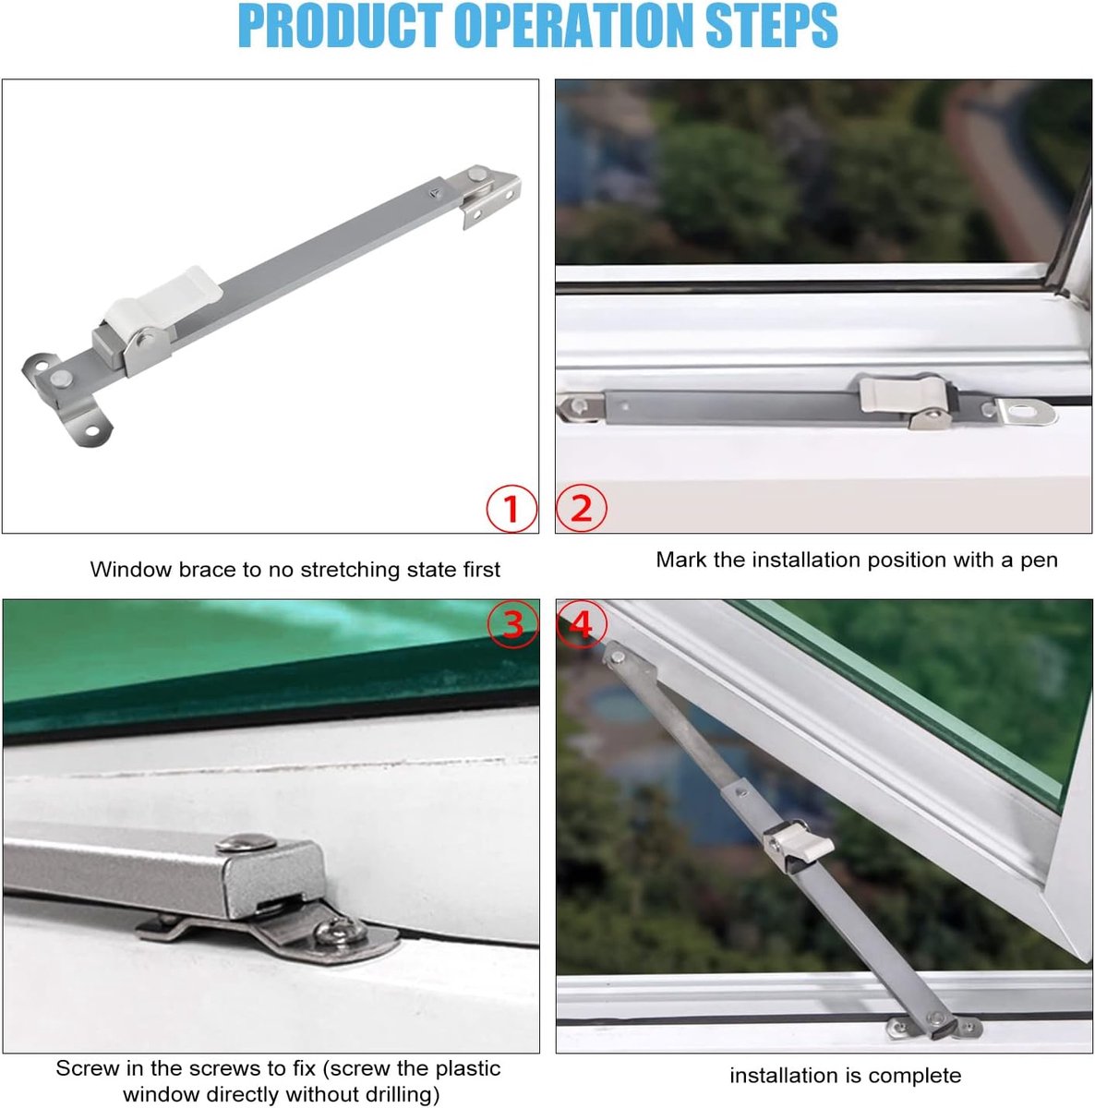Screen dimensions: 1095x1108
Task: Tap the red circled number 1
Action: [x=511, y=508]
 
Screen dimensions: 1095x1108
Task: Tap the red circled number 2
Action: [x=581, y=508]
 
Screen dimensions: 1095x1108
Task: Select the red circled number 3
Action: [x=512, y=623]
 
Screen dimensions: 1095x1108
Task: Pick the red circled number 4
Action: [x=582, y=623]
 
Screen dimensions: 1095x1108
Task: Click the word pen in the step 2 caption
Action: [x=1039, y=560]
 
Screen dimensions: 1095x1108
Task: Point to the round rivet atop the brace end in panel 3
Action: [x=247, y=842]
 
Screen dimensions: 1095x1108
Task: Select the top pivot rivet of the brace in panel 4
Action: [x=619, y=656]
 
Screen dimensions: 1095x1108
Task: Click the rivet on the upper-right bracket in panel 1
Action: [x=475, y=174]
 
